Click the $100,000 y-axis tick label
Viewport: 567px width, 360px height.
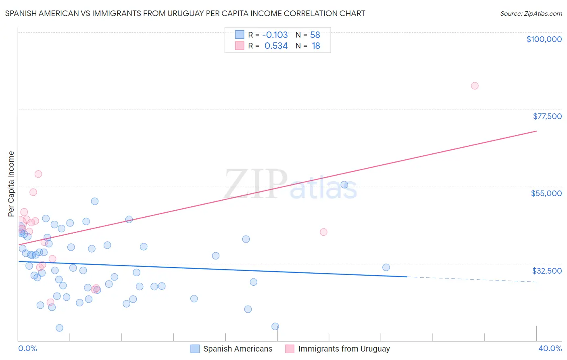(544, 39)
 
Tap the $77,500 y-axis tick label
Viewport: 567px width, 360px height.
(547, 116)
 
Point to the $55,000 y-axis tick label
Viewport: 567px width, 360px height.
(546, 193)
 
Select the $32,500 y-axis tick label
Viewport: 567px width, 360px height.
(547, 271)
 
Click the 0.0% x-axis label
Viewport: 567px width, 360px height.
(27, 349)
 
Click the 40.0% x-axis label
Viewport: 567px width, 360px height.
(550, 349)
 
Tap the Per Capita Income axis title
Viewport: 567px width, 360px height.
(11, 184)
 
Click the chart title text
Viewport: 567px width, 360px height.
(185, 13)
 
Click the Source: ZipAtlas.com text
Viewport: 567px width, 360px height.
(531, 14)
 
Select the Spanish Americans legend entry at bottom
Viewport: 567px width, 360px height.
(238, 349)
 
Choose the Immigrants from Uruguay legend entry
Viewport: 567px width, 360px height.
(344, 349)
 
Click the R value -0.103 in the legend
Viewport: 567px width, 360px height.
(275, 35)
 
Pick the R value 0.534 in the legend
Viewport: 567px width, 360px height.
(276, 46)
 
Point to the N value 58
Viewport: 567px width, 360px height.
(315, 35)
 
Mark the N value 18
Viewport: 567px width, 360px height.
(316, 46)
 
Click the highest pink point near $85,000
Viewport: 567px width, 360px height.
(475, 86)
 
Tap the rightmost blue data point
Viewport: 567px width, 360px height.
(386, 267)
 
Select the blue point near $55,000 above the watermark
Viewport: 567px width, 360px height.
(344, 185)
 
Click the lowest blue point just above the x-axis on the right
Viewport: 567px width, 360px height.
(275, 327)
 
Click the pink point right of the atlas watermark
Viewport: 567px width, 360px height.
(323, 232)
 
